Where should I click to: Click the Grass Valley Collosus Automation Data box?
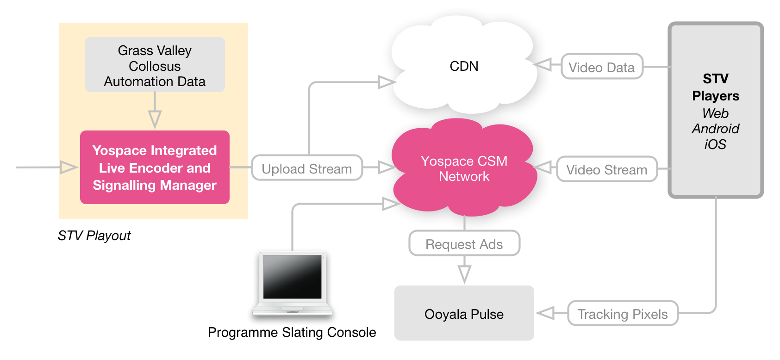pyautogui.click(x=155, y=65)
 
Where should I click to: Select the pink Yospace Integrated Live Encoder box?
pyautogui.click(x=155, y=168)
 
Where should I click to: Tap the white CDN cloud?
pyautogui.click(x=464, y=66)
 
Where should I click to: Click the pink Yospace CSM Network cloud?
pyautogui.click(x=464, y=168)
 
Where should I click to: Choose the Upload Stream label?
pyautogui.click(x=306, y=168)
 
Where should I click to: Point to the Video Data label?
pyautogui.click(x=601, y=67)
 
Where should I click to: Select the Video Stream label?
pyautogui.click(x=606, y=169)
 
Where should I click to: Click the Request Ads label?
pyautogui.click(x=464, y=244)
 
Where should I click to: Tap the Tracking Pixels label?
pyautogui.click(x=622, y=314)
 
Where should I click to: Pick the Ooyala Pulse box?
pyautogui.click(x=464, y=314)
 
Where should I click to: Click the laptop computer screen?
pyautogui.click(x=292, y=276)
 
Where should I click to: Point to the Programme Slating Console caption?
pyautogui.click(x=292, y=332)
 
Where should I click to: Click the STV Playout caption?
pyautogui.click(x=94, y=236)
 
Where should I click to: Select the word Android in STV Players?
pyautogui.click(x=715, y=129)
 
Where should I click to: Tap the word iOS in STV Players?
pyautogui.click(x=715, y=144)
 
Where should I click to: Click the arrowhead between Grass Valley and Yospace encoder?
pyautogui.click(x=155, y=119)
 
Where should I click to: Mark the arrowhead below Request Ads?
pyautogui.click(x=464, y=273)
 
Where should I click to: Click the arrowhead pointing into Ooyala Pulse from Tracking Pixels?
pyautogui.click(x=546, y=313)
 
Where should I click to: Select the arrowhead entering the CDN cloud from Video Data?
pyautogui.click(x=543, y=64)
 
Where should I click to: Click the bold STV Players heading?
pyautogui.click(x=715, y=87)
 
